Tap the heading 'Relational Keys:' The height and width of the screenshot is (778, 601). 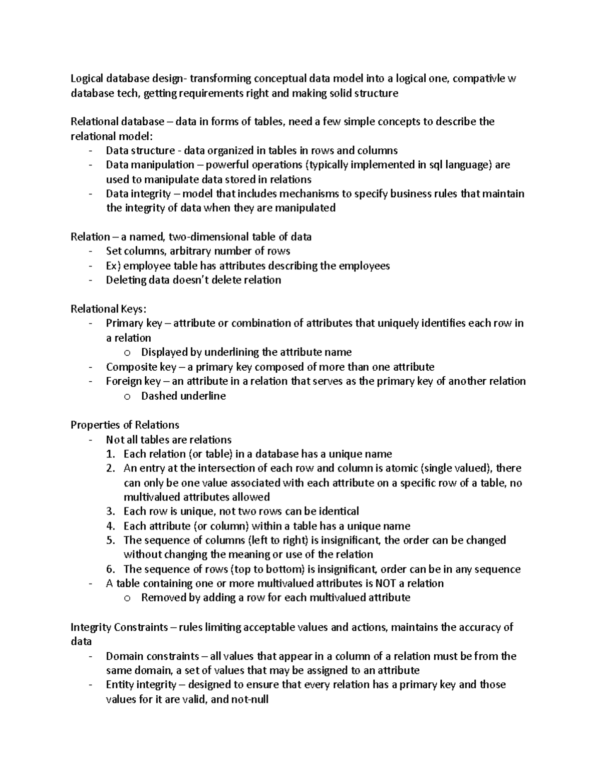pos(109,309)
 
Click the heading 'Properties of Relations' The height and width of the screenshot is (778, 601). pos(125,425)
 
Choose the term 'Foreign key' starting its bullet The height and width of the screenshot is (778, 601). pos(133,381)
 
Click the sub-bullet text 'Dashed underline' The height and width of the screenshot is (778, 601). pos(183,396)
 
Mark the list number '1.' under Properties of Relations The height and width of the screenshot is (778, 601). pos(111,454)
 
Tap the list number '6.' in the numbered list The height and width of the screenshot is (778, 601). pos(111,569)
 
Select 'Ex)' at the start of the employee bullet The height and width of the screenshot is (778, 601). pos(114,266)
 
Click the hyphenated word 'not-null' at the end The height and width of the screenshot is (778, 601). pos(249,699)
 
